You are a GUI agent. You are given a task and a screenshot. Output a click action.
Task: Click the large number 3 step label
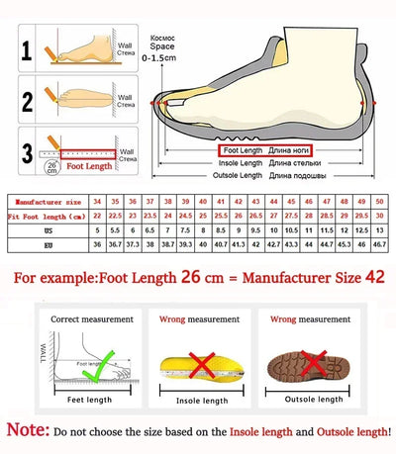pyautogui.click(x=26, y=150)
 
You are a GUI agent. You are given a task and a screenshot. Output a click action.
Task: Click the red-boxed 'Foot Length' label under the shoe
pyautogui.click(x=241, y=149)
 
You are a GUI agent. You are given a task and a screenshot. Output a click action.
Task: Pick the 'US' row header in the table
pyautogui.click(x=48, y=228)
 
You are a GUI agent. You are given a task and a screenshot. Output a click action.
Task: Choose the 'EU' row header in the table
pyautogui.click(x=48, y=242)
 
